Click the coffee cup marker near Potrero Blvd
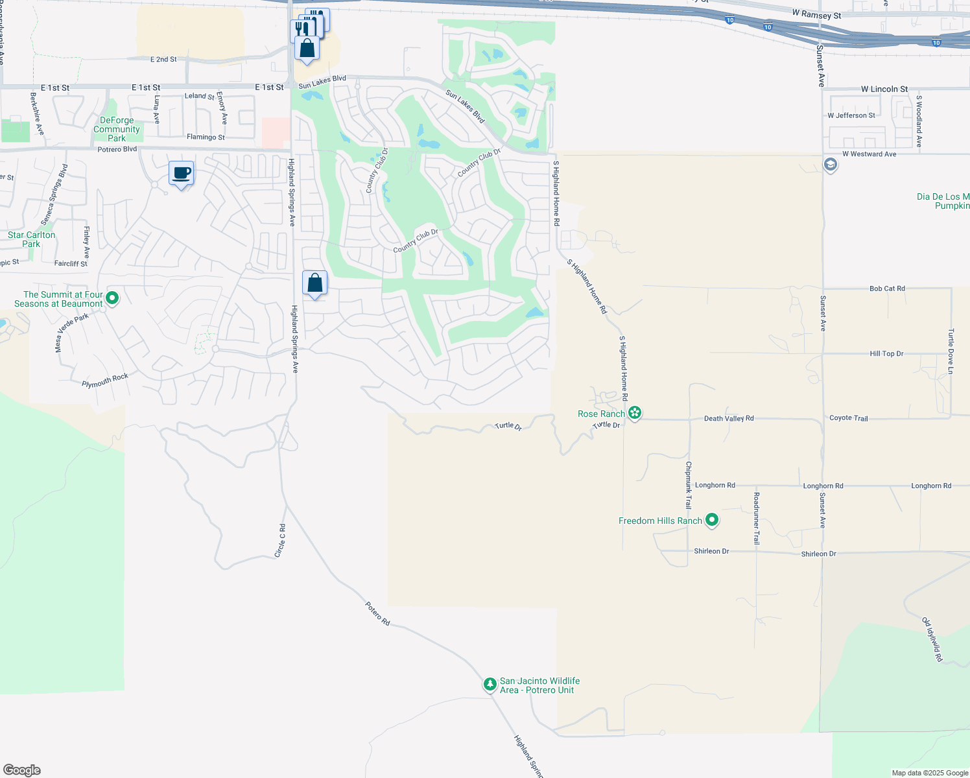click(x=182, y=174)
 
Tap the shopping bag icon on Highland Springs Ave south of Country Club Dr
click(x=314, y=283)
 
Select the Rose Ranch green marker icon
click(x=635, y=413)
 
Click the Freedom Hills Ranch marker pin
click(x=712, y=520)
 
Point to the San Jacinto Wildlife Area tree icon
click(x=490, y=684)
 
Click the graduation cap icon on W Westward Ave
click(x=830, y=165)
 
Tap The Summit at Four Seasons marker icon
click(x=112, y=298)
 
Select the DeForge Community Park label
click(x=117, y=129)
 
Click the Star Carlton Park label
click(x=31, y=239)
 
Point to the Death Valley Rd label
click(x=729, y=418)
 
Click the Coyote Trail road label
click(x=848, y=418)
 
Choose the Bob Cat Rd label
click(x=887, y=289)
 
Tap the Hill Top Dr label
click(x=886, y=353)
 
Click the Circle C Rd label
click(x=280, y=540)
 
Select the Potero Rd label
click(x=377, y=613)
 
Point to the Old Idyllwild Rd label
click(x=932, y=639)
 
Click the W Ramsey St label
click(x=816, y=15)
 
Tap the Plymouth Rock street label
click(x=105, y=381)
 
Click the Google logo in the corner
click(x=22, y=770)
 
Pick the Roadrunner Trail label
click(x=756, y=517)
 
